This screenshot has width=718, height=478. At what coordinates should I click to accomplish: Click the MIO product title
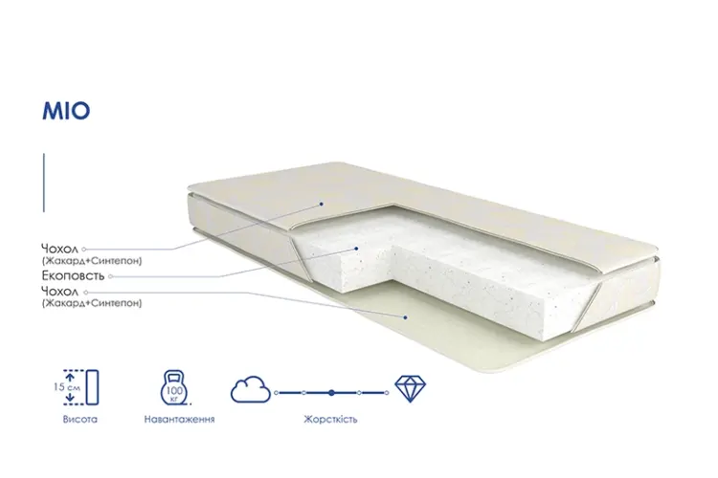[66, 111]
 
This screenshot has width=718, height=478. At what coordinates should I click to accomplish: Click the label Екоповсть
[74, 276]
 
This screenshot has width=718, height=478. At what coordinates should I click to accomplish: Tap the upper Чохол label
[60, 249]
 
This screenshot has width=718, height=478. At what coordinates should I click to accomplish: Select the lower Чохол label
[60, 292]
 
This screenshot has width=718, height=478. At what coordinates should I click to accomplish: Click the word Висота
[80, 419]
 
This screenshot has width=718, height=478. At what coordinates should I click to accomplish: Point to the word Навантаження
[180, 419]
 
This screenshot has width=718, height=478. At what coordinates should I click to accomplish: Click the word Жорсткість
[330, 419]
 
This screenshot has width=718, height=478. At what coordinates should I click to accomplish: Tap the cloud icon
[251, 390]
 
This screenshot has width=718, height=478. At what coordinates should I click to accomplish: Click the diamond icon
[411, 389]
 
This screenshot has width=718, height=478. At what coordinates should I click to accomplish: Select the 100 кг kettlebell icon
[174, 388]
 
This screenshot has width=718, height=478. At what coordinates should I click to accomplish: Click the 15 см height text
[67, 387]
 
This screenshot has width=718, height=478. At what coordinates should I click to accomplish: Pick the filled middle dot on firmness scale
[331, 393]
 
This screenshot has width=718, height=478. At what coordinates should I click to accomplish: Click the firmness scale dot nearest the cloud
[276, 393]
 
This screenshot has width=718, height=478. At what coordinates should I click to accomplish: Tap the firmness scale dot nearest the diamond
[387, 393]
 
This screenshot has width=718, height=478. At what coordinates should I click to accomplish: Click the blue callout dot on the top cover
[322, 204]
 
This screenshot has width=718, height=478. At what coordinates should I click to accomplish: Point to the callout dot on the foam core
[356, 249]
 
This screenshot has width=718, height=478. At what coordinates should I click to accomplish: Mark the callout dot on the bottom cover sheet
[405, 317]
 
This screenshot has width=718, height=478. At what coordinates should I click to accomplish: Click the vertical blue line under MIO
[44, 183]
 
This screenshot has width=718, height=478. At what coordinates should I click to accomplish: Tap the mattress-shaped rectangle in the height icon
[93, 387]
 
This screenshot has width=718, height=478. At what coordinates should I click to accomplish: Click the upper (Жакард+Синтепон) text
[92, 261]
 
